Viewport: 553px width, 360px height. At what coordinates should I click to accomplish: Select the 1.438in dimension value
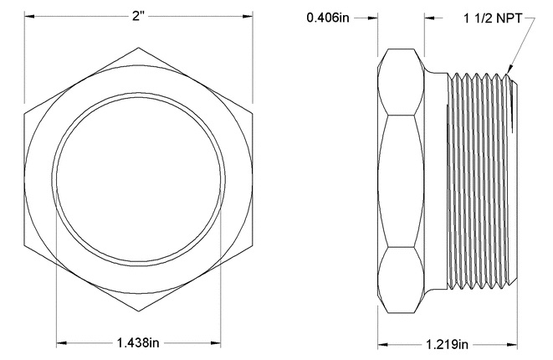pos(138,342)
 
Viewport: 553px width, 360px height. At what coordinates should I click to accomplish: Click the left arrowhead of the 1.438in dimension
pos(61,342)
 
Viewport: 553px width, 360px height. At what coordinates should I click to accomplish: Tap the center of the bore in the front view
pos(138,177)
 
